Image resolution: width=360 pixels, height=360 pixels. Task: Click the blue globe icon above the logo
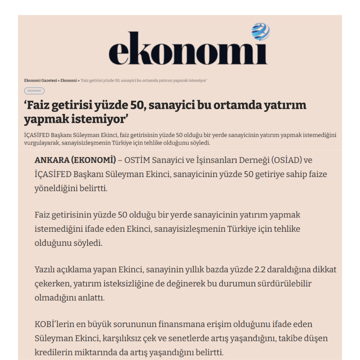261,31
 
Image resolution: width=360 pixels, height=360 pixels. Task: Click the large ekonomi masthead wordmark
188,49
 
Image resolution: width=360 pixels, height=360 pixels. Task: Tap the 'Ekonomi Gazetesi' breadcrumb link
40,81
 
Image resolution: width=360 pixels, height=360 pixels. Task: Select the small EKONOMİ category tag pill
34,91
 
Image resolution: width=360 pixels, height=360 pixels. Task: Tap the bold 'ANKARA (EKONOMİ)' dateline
75,160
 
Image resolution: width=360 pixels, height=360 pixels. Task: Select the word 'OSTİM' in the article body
137,160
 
